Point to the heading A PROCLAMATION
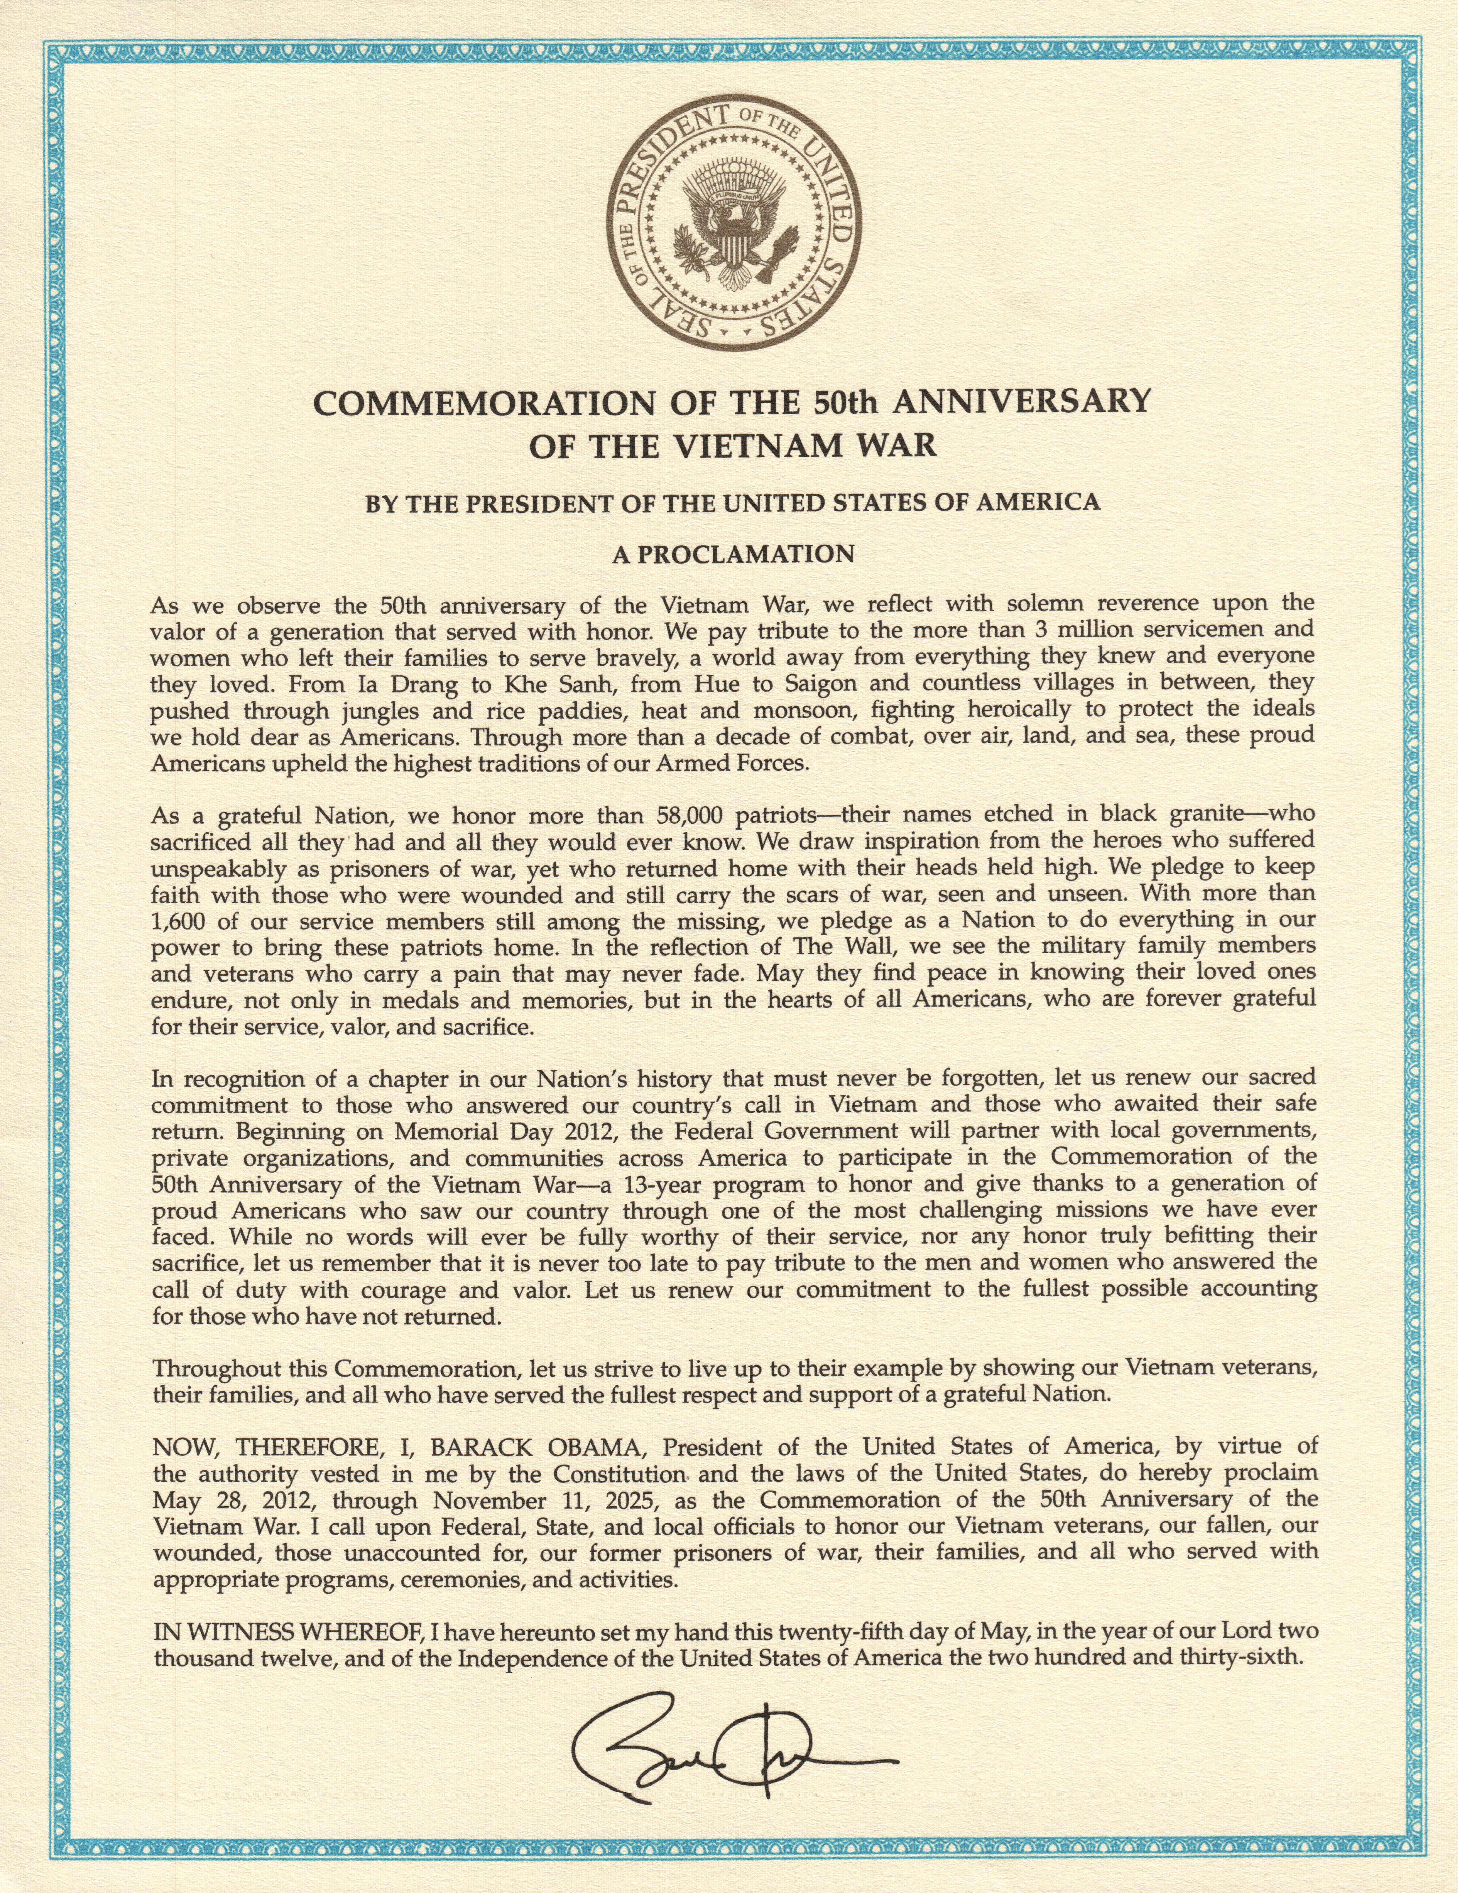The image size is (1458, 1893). click(x=732, y=554)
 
